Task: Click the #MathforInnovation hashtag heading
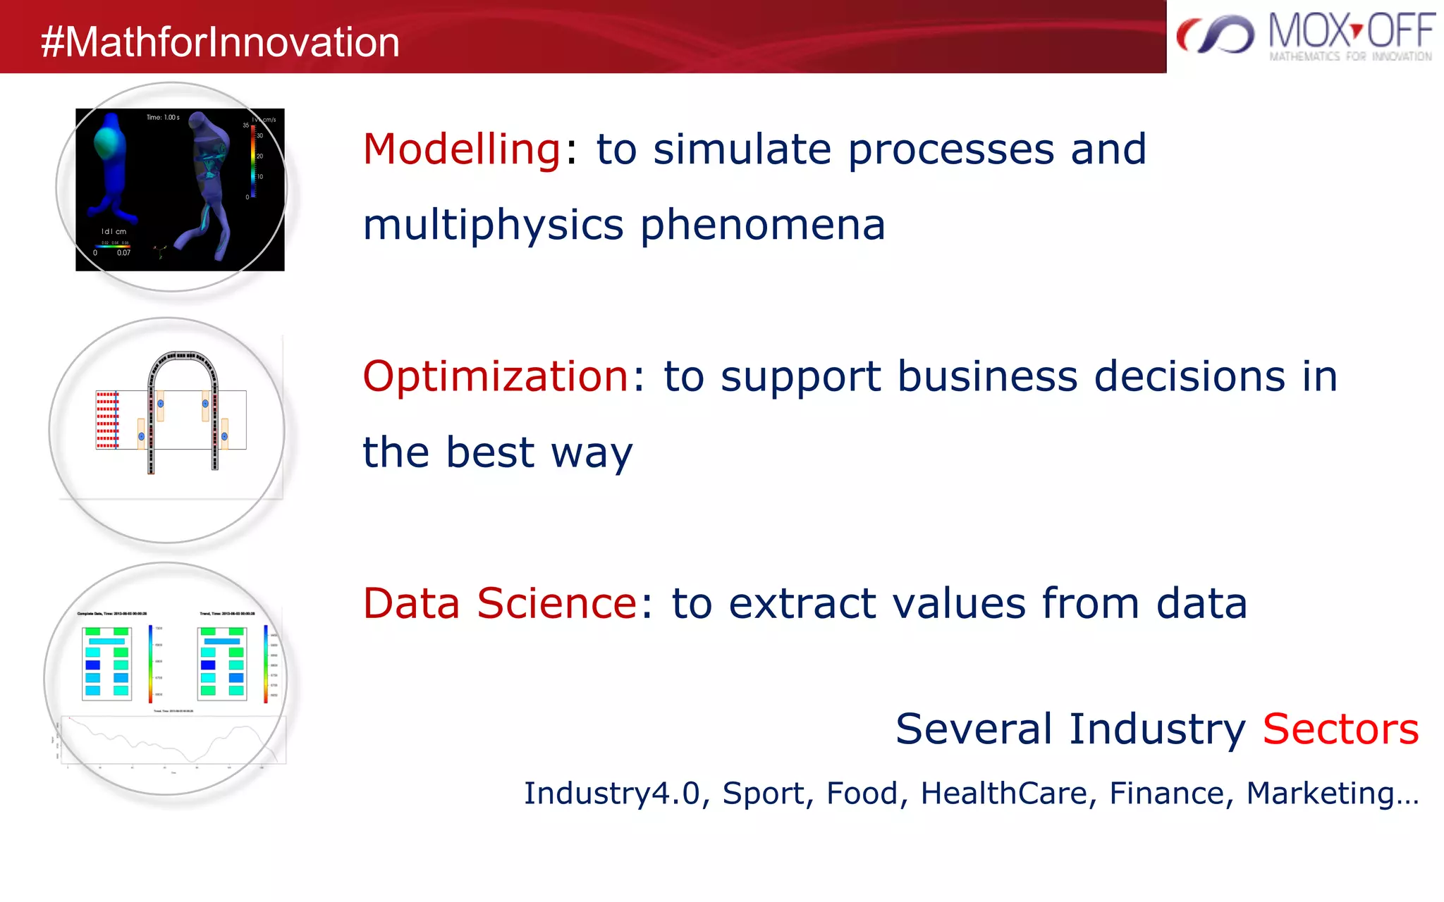pyautogui.click(x=220, y=42)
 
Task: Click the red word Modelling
pyautogui.click(x=462, y=149)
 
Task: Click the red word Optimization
pyautogui.click(x=496, y=376)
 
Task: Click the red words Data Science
pyautogui.click(x=500, y=603)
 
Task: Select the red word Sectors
pyautogui.click(x=1340, y=729)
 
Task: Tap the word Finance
pyautogui.click(x=1166, y=793)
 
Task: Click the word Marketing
pyautogui.click(x=1320, y=793)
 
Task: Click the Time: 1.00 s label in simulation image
pyautogui.click(x=163, y=118)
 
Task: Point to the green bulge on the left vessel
pyautogui.click(x=108, y=142)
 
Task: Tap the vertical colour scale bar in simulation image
pyautogui.click(x=253, y=161)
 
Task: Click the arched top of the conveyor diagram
pyautogui.click(x=183, y=357)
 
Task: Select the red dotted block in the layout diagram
pyautogui.click(x=107, y=420)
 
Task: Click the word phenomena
pyautogui.click(x=762, y=225)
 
